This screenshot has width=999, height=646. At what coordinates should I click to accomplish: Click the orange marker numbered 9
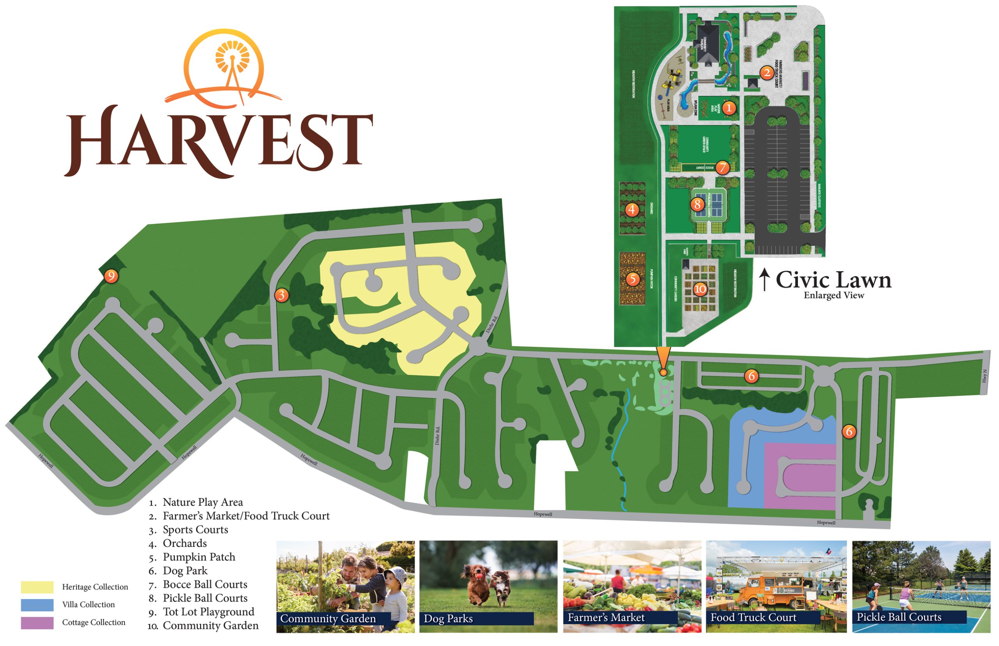[111, 276]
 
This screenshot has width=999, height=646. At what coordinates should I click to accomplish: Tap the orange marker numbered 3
[281, 295]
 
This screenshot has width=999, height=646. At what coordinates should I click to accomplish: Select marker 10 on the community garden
[700, 289]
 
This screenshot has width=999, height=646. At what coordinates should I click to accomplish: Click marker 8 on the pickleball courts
[697, 204]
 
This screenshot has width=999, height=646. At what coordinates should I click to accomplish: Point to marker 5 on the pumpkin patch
[633, 279]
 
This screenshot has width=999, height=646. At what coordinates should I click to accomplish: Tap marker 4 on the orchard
[632, 209]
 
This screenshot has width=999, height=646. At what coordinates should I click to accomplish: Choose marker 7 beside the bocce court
[722, 168]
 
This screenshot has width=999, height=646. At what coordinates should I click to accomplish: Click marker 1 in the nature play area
[729, 108]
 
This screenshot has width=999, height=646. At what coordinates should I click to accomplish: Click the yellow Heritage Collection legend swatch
[37, 587]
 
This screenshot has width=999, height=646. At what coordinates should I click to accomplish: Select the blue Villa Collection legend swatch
[37, 605]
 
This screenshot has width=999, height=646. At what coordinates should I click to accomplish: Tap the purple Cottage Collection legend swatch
[37, 623]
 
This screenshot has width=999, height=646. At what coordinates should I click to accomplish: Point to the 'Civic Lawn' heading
[833, 280]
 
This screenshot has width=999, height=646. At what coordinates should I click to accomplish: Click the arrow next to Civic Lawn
[764, 279]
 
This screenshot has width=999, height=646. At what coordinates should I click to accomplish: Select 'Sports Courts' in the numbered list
[195, 530]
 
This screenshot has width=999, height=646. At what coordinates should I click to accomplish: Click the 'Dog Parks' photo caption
[448, 619]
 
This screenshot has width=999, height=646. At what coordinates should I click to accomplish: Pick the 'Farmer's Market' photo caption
[606, 618]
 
